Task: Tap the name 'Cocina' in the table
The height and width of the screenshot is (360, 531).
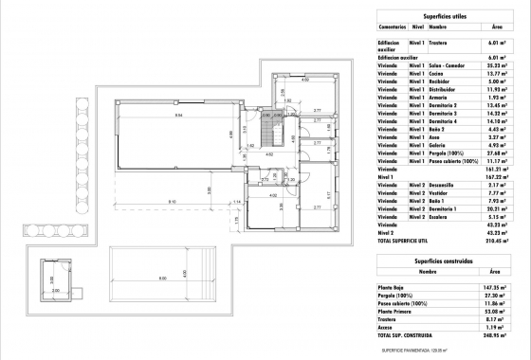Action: [438, 74]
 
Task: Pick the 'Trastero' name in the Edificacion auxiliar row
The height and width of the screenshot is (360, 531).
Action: [438, 43]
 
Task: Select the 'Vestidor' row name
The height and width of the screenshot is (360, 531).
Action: [440, 192]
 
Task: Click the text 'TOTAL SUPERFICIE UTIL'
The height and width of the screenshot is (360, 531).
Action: [405, 242]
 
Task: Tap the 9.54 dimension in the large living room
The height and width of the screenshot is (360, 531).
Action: [177, 115]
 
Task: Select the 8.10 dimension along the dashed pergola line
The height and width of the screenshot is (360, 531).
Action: [172, 203]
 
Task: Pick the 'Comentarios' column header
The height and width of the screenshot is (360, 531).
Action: [394, 28]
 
